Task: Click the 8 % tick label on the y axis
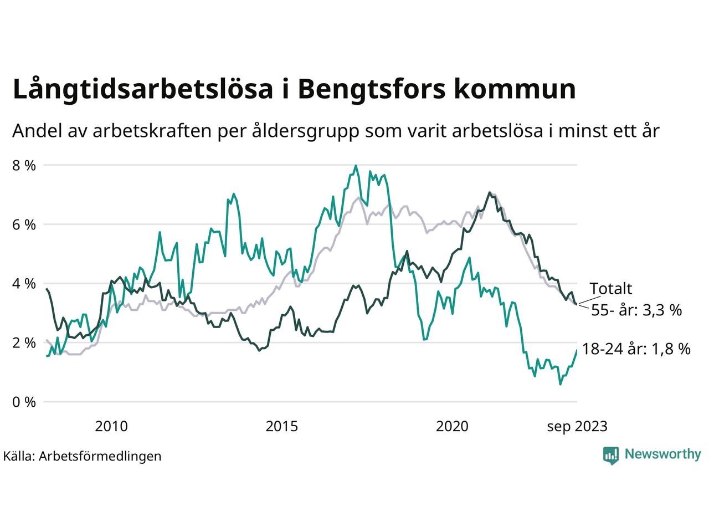pyautogui.click(x=24, y=165)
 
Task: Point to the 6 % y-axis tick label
pyautogui.click(x=24, y=224)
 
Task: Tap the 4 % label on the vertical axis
pyautogui.click(x=24, y=284)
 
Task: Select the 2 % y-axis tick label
pyautogui.click(x=24, y=343)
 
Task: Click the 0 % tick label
pyautogui.click(x=24, y=402)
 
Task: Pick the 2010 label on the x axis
pyautogui.click(x=111, y=426)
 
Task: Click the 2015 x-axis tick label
pyautogui.click(x=282, y=426)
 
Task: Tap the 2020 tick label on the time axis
pyautogui.click(x=452, y=426)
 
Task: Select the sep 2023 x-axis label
pyautogui.click(x=577, y=426)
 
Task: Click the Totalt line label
pyautogui.click(x=610, y=288)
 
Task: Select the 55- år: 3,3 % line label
pyautogui.click(x=636, y=310)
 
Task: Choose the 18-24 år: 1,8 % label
pyautogui.click(x=636, y=349)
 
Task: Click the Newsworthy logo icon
pyautogui.click(x=611, y=455)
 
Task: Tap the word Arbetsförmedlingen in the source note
pyautogui.click(x=100, y=456)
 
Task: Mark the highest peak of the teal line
pyautogui.click(x=356, y=166)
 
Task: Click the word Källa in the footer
pyautogui.click(x=18, y=456)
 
